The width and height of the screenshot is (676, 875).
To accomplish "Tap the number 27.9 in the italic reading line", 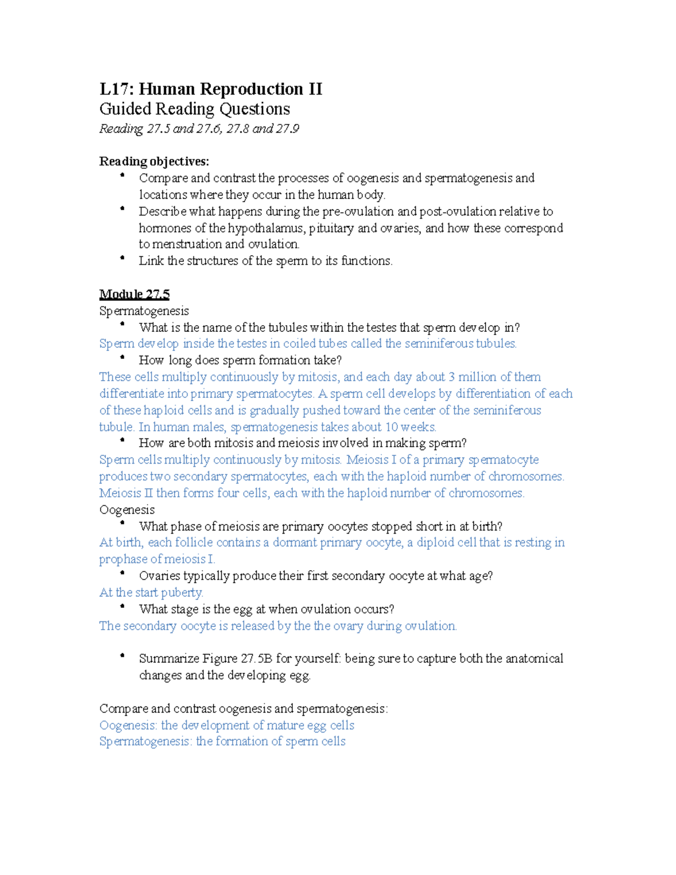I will tap(288, 129).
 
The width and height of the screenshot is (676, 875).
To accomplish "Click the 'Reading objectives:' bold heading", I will tap(154, 162).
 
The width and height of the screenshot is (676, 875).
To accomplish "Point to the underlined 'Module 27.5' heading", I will tap(134, 294).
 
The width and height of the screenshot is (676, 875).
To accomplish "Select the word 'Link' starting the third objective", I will tap(151, 261).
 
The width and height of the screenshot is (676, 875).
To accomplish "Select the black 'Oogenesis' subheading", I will tap(127, 510).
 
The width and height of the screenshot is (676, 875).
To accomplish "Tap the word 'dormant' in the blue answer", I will tap(295, 543).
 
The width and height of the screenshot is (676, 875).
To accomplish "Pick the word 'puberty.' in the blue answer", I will tap(183, 593).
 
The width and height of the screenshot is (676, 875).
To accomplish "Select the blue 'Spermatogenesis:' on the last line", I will tap(145, 741).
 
